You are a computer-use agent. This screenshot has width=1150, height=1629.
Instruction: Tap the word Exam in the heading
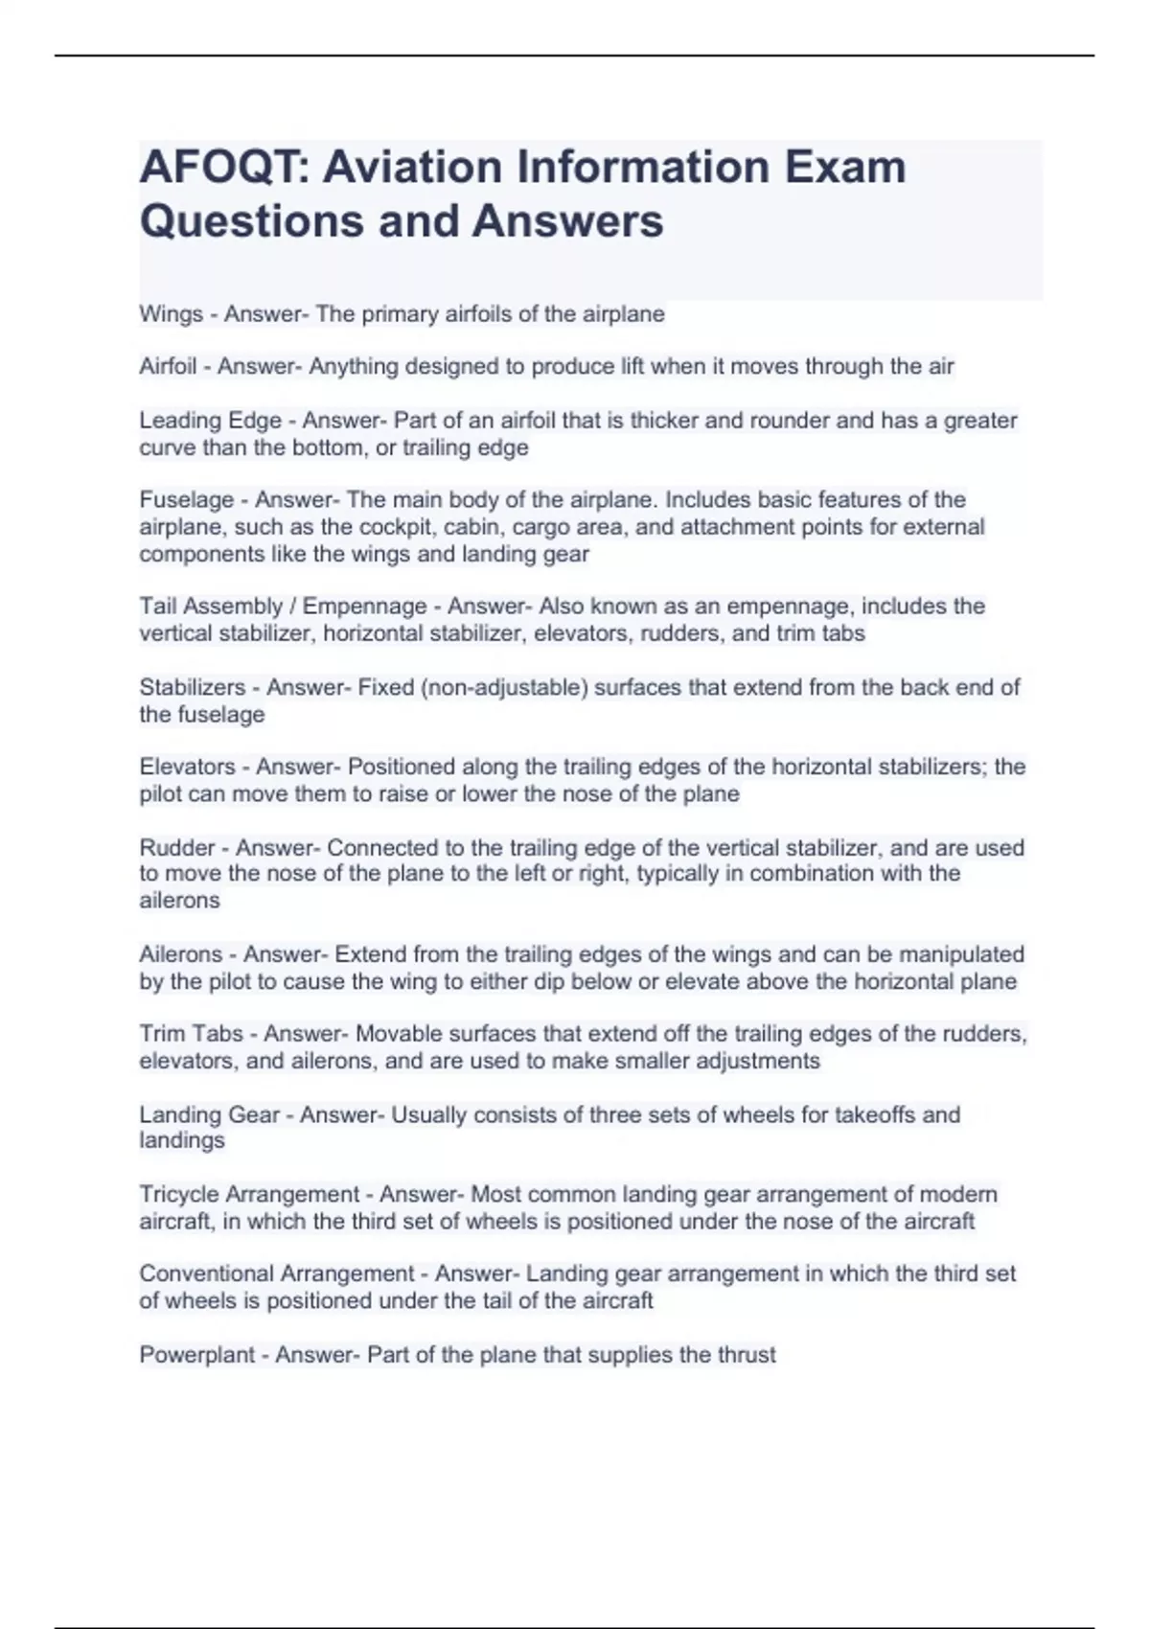tap(845, 168)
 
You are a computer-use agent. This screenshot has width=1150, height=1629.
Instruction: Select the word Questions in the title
tap(251, 221)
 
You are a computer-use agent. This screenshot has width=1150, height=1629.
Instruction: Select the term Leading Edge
tap(210, 421)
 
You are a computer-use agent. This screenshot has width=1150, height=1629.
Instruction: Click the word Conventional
tap(208, 1274)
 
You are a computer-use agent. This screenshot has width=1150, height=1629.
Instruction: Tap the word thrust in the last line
tap(746, 1355)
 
